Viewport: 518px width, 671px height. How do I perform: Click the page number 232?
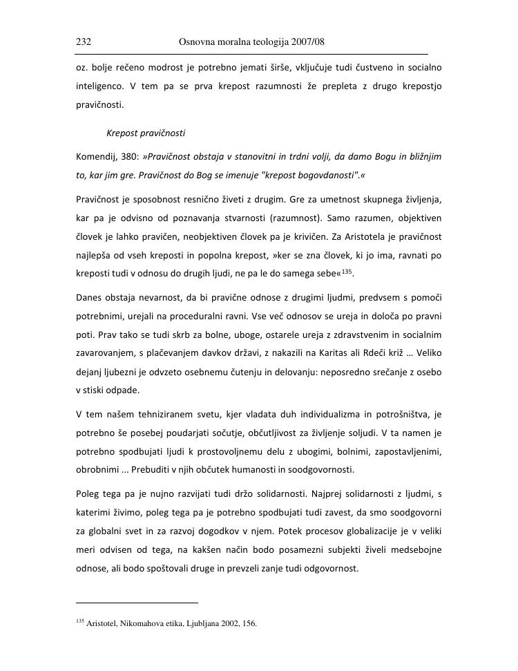coord(84,43)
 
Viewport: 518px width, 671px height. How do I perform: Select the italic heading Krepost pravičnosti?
coord(146,133)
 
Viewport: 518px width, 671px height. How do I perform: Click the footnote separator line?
coord(137,602)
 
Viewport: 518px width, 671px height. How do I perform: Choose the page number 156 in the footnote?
coord(249,623)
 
